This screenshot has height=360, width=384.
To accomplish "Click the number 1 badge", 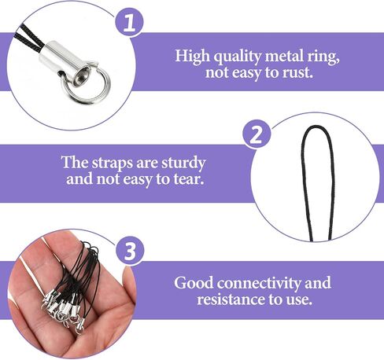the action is tap(130, 23).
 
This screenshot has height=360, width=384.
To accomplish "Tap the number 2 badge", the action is tap(257, 134).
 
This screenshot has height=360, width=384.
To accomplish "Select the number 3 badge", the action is tap(130, 251).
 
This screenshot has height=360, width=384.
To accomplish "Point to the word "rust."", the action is tap(298, 72).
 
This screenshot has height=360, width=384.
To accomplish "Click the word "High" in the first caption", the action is tap(192, 57).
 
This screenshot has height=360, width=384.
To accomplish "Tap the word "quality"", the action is tap(238, 57).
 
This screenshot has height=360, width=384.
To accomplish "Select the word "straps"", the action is tap(113, 163).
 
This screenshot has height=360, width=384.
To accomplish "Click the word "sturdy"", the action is tap(183, 163).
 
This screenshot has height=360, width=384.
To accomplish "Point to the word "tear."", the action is tap(189, 179).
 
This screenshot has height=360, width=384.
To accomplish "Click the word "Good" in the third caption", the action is tap(194, 283).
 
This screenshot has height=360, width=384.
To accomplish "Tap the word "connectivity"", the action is tap(259, 284).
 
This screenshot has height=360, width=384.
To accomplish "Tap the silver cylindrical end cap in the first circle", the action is tap(65, 62).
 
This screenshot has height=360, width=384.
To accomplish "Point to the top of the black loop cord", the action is tap(316, 127).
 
